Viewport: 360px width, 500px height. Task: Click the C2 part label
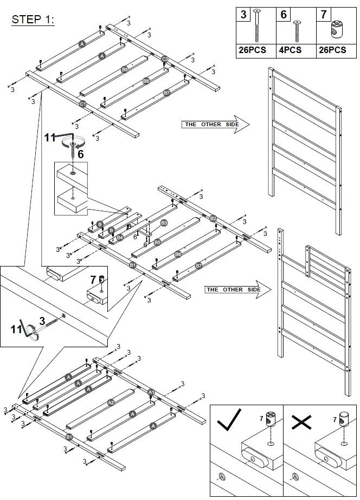pyautogui.click(x=165, y=59)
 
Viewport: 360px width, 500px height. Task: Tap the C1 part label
pyautogui.click(x=82, y=103)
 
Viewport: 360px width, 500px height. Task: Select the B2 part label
pyautogui.click(x=213, y=218)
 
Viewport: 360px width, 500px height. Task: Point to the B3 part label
pyautogui.click(x=164, y=223)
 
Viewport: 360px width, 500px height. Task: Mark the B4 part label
pyautogui.click(x=120, y=237)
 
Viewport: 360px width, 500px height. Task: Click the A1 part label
pyautogui.click(x=151, y=392)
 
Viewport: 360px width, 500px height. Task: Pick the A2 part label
pyautogui.click(x=111, y=402)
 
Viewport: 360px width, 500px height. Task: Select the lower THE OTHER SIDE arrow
pyautogui.click(x=236, y=290)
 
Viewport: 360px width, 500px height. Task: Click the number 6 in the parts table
pyautogui.click(x=284, y=15)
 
